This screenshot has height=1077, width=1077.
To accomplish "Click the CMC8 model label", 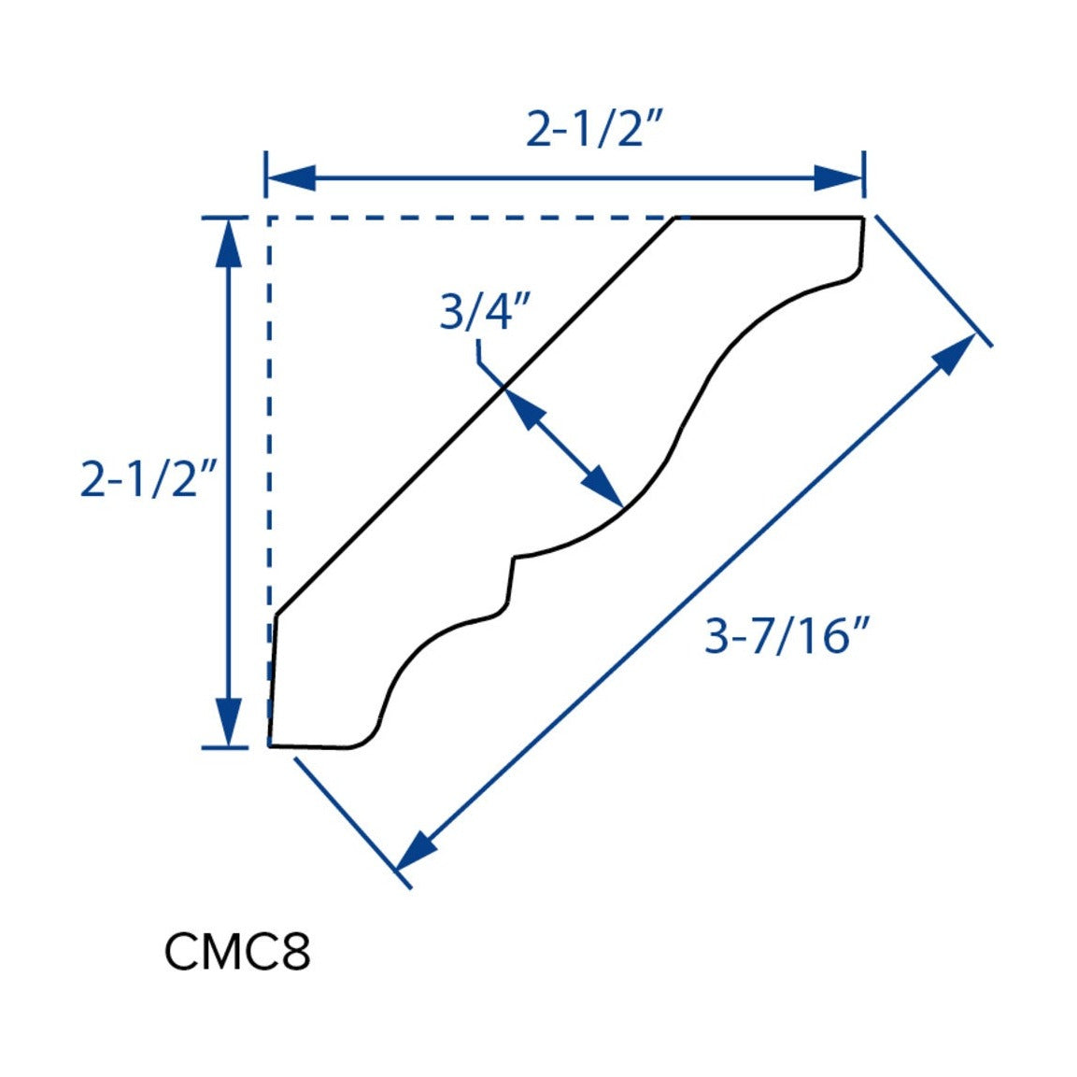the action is (237, 951).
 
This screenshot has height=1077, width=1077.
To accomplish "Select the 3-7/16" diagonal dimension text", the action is (787, 635).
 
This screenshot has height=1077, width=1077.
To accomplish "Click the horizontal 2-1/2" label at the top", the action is (594, 129).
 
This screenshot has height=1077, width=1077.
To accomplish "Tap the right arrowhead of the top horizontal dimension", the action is (839, 177).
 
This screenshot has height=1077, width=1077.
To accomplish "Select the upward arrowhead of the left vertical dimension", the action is (228, 243).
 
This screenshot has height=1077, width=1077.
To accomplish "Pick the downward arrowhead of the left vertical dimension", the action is (228, 722).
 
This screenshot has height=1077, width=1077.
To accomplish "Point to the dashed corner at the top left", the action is (269, 218).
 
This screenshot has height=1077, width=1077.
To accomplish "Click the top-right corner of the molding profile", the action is (863, 218).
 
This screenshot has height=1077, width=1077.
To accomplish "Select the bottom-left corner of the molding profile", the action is (269, 745).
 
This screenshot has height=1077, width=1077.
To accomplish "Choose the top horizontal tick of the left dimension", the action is (224, 218).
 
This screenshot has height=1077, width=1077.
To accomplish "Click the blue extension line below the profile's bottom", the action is (352, 823).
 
